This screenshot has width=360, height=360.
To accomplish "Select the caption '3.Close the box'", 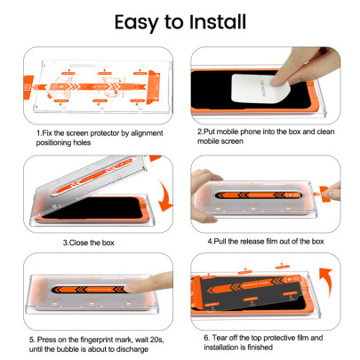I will point(92,241).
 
